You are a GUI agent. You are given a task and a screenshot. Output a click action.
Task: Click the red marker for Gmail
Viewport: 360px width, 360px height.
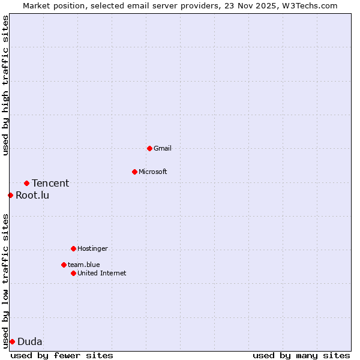(x=149, y=148)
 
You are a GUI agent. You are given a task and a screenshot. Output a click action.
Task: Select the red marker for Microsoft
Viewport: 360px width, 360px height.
(x=134, y=172)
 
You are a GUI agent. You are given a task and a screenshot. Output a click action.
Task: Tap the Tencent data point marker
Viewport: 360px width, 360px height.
(x=26, y=183)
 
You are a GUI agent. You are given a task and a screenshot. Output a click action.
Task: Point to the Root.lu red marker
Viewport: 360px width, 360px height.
(x=10, y=195)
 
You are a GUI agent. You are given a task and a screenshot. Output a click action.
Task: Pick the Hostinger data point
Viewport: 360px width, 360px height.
(x=73, y=248)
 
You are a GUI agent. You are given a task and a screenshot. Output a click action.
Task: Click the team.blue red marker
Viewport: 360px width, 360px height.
(x=64, y=265)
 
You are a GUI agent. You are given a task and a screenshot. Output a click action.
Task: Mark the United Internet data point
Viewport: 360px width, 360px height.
(x=73, y=273)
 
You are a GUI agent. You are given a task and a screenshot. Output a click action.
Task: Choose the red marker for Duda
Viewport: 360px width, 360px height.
(x=12, y=341)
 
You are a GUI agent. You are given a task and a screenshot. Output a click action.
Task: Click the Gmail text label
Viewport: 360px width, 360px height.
(x=163, y=148)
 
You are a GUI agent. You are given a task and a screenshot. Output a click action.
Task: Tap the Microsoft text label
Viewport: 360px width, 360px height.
(x=153, y=172)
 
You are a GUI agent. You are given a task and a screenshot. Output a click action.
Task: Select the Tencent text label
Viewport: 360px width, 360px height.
(x=50, y=183)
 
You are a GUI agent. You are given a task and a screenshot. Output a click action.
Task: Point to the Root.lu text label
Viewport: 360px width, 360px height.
(x=32, y=195)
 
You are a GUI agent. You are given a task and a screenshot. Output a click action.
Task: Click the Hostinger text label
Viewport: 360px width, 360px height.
(x=92, y=248)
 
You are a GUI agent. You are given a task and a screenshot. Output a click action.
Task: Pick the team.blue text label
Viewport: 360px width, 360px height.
(x=83, y=265)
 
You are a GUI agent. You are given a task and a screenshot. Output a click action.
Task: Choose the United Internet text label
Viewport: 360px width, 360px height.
(x=102, y=273)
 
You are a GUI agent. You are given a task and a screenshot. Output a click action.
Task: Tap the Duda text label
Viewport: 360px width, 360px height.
(x=30, y=341)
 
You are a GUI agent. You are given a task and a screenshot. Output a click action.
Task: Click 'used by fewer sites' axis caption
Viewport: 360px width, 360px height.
(x=62, y=355)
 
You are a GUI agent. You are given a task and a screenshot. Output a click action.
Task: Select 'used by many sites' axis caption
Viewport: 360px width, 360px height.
(x=301, y=355)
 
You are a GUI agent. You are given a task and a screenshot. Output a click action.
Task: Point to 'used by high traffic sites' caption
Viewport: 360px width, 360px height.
(x=5, y=85)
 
